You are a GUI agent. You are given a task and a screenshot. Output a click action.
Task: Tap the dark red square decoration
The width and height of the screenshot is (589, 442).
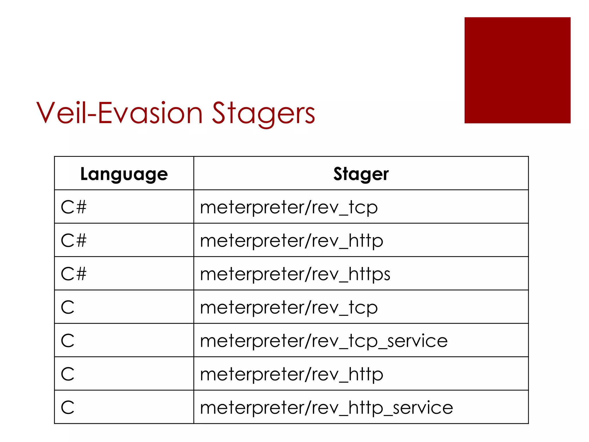tap(517, 70)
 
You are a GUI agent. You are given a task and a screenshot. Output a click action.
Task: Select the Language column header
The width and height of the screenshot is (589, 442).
tap(124, 174)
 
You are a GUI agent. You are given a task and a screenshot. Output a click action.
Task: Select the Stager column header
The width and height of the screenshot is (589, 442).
tap(361, 174)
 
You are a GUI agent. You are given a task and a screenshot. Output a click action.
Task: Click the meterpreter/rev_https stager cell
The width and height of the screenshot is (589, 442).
tap(295, 274)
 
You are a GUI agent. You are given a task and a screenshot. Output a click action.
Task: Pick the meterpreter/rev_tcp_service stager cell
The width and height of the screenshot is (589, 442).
tap(324, 341)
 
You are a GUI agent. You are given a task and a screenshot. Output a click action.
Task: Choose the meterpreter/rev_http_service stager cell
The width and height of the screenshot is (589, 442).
tap(326, 407)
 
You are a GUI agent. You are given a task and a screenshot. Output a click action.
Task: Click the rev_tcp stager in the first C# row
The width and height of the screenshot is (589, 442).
tap(289, 207)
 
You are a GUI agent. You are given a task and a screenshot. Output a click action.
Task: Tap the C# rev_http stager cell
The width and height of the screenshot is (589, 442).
tap(292, 241)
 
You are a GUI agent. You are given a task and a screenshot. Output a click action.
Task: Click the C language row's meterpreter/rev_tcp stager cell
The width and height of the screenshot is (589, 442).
tap(289, 307)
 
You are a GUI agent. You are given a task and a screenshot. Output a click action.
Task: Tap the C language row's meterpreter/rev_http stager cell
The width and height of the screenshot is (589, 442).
tap(292, 374)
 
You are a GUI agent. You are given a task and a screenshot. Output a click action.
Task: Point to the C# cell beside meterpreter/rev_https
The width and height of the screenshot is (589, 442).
tap(74, 274)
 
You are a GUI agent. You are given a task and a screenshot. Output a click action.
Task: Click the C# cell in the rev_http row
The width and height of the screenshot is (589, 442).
tap(74, 241)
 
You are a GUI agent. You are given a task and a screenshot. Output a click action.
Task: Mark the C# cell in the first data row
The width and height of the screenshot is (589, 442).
tap(74, 207)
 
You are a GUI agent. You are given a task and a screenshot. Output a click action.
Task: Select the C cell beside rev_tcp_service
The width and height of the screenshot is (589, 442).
tap(68, 341)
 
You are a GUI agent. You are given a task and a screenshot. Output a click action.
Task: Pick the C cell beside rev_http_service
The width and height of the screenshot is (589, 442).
tap(68, 407)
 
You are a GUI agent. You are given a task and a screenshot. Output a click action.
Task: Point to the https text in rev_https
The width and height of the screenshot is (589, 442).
tap(369, 274)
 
